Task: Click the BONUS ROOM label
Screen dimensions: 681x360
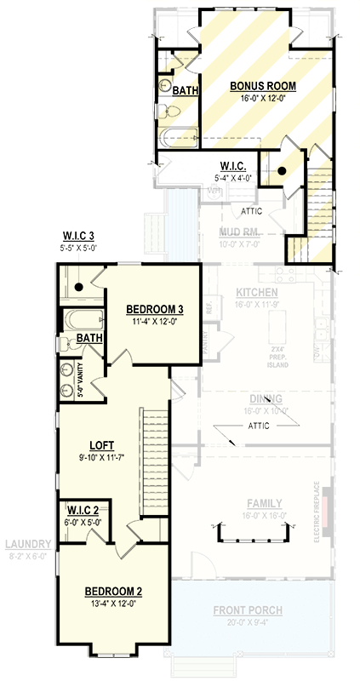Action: (263, 86)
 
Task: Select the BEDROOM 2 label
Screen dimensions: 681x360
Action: (112, 591)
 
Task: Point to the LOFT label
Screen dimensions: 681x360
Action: (101, 444)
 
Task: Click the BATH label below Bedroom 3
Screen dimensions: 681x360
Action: (89, 339)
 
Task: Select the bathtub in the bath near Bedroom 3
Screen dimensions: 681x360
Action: (85, 322)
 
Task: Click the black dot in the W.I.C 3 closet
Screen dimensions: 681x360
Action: (78, 288)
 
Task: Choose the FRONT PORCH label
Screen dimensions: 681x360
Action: (249, 610)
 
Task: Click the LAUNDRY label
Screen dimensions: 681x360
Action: (26, 544)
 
